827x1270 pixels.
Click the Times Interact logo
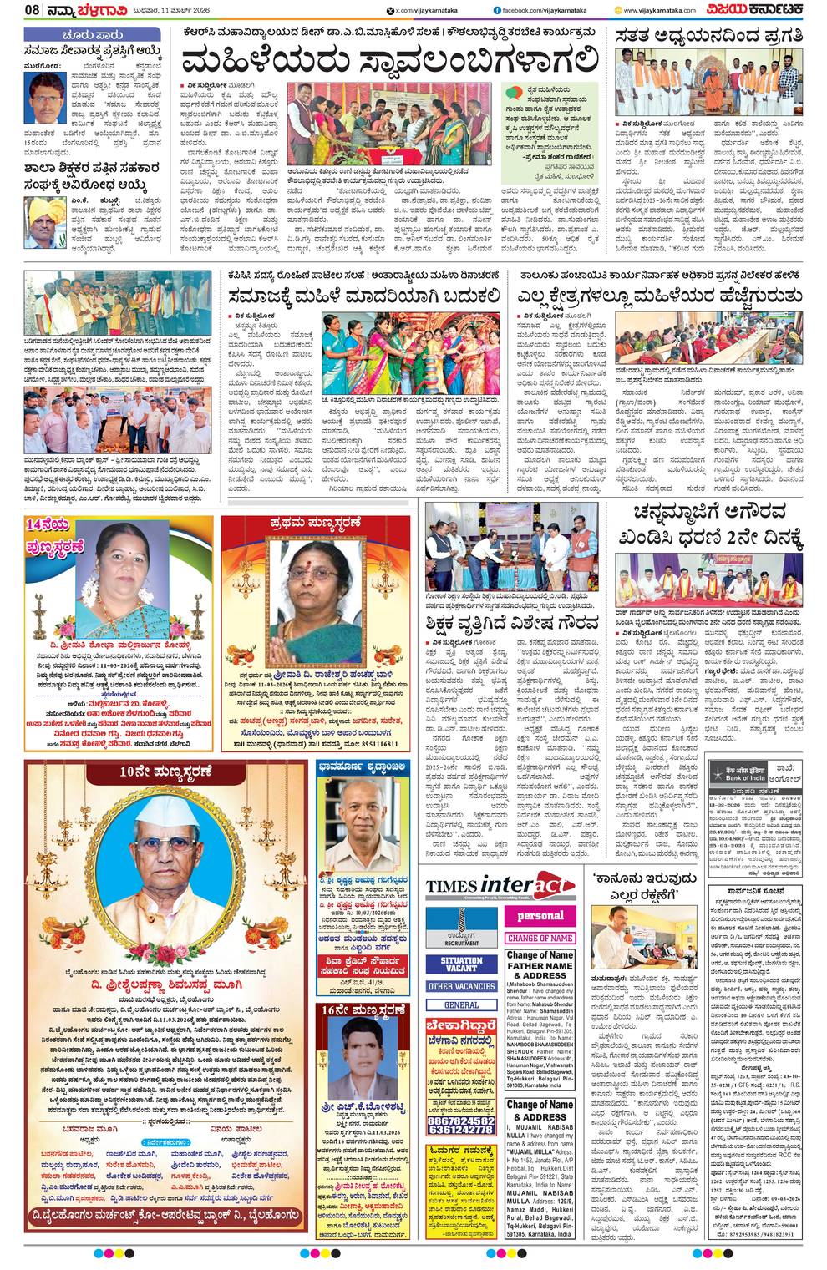pyautogui.click(x=500, y=888)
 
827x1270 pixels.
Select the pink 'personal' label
pyautogui.click(x=540, y=916)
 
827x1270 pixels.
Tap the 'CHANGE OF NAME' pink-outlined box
pyautogui.click(x=540, y=938)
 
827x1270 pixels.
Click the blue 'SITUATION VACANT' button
pyautogui.click(x=461, y=964)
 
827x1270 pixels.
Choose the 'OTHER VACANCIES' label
pyautogui.click(x=461, y=987)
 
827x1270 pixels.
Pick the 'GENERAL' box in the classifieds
pyautogui.click(x=461, y=1005)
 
